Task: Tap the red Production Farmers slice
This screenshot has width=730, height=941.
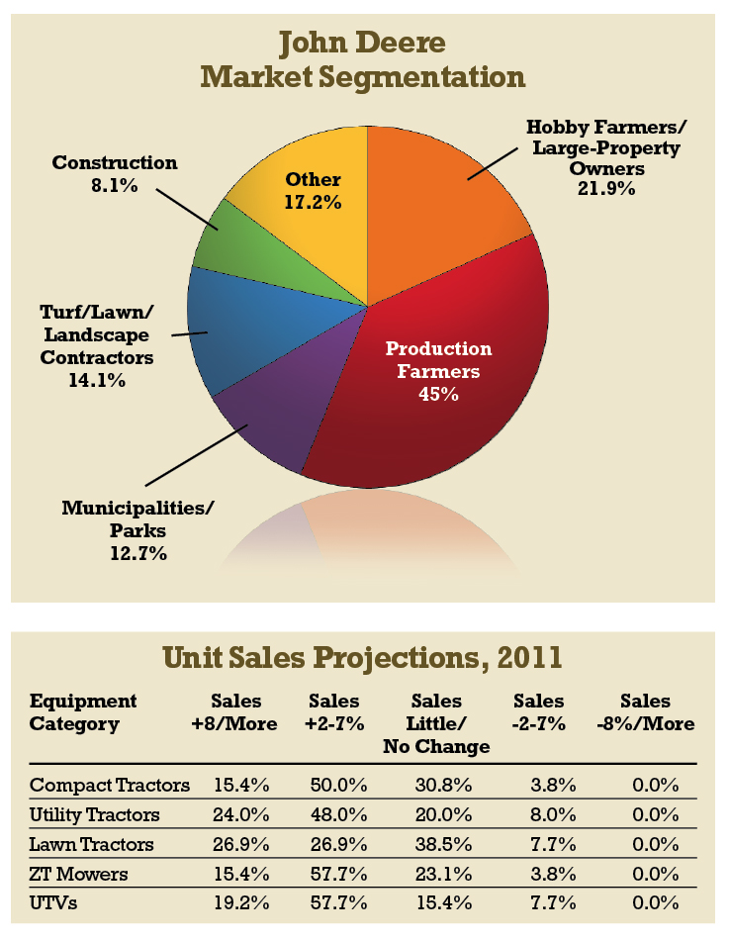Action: [x=435, y=396]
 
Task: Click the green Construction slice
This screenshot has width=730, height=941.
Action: [x=226, y=237]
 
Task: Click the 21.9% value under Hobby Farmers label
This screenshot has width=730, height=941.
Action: [x=605, y=188]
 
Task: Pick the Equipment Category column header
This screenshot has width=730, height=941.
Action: [x=83, y=712]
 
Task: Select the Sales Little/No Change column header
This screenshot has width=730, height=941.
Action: [x=436, y=723]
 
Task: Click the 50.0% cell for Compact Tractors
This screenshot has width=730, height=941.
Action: [x=340, y=787]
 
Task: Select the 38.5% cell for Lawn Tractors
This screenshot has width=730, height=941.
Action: [x=436, y=845]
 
